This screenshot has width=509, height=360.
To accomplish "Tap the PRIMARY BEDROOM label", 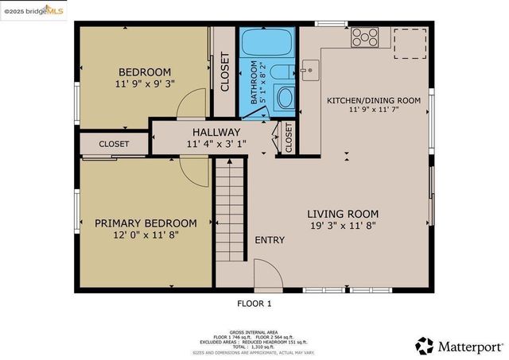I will (x=146, y=223).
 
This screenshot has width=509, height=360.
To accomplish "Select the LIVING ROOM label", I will (x=343, y=214).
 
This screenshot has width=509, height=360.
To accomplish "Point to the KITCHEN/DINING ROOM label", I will (x=374, y=101).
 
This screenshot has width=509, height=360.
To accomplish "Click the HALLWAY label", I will (x=216, y=132).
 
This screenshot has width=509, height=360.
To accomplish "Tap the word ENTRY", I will (x=270, y=240).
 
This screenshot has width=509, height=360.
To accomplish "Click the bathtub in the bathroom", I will (x=267, y=42).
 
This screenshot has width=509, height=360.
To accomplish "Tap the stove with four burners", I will (x=366, y=36).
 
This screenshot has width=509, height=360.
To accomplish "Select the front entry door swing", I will (x=268, y=274).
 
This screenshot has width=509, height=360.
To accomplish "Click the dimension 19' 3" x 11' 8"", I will (x=343, y=226).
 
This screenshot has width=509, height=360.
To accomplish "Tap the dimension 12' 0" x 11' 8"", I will (x=146, y=236).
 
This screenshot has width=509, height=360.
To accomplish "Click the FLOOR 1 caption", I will (x=254, y=303).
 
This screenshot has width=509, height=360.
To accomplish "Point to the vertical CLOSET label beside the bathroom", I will (x=225, y=74).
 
